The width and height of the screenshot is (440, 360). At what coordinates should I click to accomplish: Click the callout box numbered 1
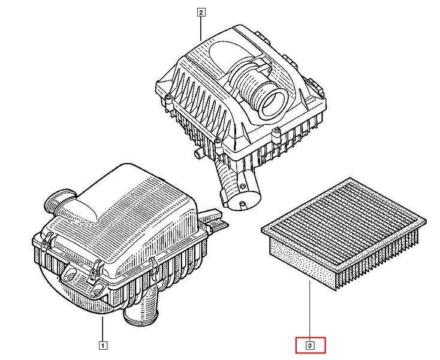[103, 346]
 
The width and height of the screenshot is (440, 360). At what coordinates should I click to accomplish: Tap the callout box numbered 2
[201, 13]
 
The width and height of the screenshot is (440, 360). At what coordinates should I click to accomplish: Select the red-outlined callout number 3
[310, 345]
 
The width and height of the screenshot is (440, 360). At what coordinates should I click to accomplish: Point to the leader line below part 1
[103, 329]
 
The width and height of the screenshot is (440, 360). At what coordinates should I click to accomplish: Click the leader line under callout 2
[201, 28]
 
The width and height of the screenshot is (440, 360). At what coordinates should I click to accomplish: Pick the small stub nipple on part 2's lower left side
[198, 154]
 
